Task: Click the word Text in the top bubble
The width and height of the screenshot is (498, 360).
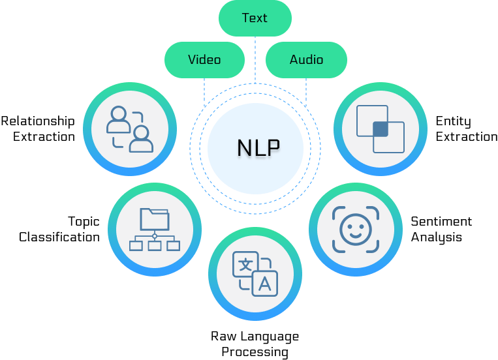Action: [255, 18]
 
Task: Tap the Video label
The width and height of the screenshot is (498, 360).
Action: [204, 60]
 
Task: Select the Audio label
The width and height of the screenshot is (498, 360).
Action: [306, 60]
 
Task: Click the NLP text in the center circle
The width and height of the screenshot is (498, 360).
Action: [258, 149]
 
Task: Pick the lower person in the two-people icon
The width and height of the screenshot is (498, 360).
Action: [142, 138]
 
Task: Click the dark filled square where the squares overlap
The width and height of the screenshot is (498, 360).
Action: [381, 128]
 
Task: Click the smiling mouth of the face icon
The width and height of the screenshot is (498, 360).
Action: [354, 234]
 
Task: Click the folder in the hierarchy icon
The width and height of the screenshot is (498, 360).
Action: [155, 218]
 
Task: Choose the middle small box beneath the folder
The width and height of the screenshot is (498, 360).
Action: [155, 246]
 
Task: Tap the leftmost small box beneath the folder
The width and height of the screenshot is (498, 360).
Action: [136, 246]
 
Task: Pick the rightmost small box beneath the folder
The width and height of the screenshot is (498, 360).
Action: [173, 246]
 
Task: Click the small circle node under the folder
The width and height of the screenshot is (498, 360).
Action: [155, 235]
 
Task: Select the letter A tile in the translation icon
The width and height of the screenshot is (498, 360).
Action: [265, 284]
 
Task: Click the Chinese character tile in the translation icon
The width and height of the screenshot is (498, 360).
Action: [245, 265]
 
